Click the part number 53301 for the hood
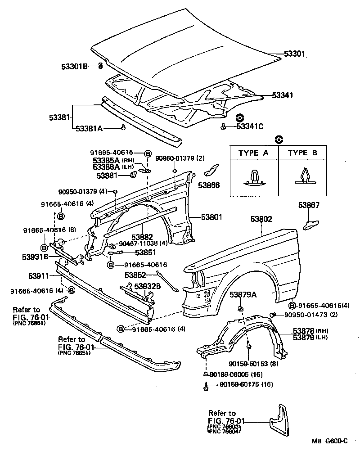pos(295,54)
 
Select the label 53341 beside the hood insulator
pos(283,95)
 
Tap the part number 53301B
pos(74,67)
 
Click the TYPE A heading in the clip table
pos(253,153)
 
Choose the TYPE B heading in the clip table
pos(302,153)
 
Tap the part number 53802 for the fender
pos(262,219)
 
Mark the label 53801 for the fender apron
pos(211,217)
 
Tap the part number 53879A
pos(243,295)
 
